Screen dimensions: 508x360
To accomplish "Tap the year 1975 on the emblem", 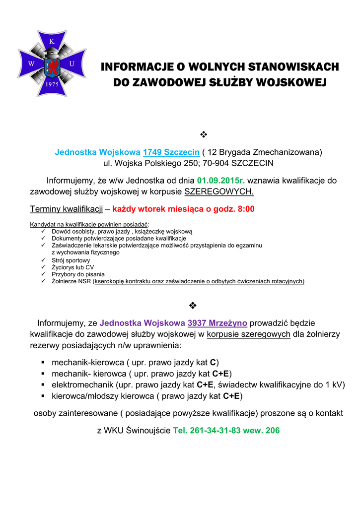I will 52,84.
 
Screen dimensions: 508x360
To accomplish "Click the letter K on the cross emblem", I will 52,41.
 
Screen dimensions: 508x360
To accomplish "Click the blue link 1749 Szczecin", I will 171,152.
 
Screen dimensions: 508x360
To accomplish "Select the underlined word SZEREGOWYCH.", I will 219,191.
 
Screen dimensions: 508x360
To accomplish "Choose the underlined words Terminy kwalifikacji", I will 67,209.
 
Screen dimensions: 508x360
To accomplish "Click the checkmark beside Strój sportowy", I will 44,260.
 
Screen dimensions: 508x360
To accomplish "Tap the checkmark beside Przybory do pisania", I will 44,274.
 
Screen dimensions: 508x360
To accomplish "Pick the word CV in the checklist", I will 89,267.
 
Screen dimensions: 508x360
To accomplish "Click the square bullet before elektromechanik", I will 44,385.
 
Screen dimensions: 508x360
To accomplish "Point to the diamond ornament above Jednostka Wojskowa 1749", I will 203,134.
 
